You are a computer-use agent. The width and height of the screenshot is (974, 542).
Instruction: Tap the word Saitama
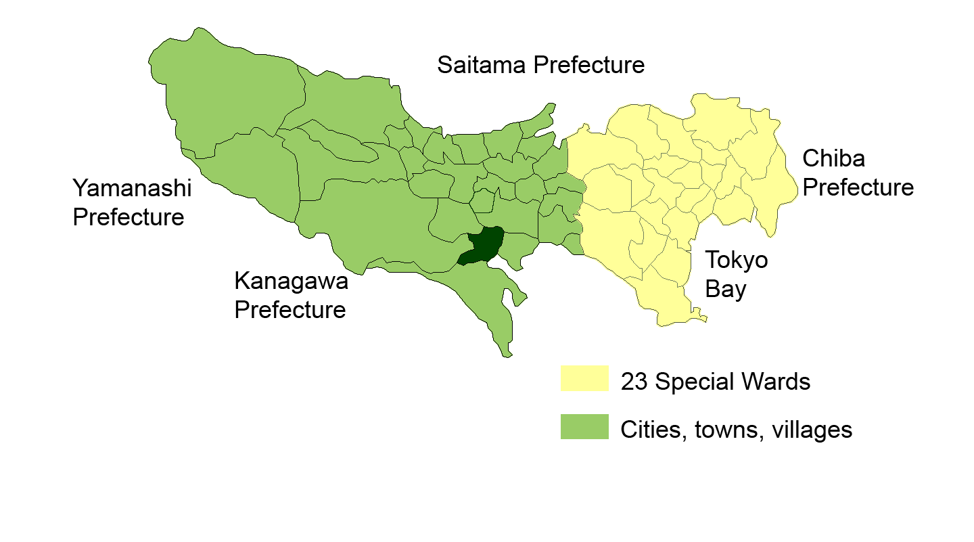482,66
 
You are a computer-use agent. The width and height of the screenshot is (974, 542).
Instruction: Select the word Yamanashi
133,188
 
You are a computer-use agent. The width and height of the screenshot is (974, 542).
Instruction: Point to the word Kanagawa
291,280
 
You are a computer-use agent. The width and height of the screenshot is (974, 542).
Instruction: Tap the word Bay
725,290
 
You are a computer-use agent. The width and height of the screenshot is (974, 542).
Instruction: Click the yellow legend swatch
584,378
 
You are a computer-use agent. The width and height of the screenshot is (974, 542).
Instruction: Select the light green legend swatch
584,427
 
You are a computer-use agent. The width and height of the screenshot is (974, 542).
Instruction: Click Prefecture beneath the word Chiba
858,187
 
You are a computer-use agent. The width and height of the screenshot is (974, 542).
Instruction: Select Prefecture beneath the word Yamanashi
129,218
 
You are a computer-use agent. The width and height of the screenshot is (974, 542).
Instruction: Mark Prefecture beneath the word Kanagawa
290,310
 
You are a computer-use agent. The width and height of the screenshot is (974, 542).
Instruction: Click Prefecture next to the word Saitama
588,66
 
